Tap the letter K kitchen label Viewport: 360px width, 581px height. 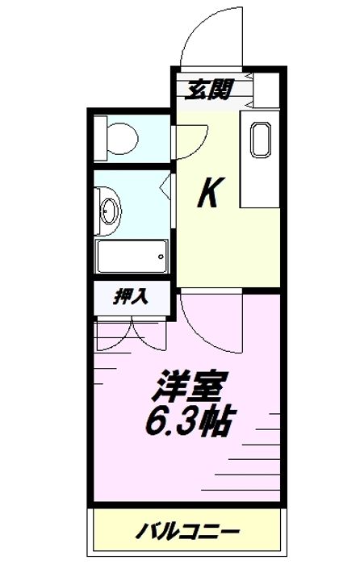[209, 194]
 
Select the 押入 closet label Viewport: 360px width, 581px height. [130, 297]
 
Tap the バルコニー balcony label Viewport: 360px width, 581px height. [186, 532]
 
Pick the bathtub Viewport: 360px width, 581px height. [132, 257]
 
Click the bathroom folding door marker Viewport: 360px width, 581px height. [166, 189]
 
